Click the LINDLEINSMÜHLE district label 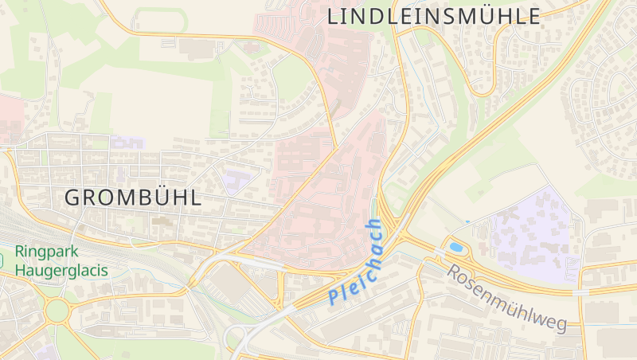click(434, 16)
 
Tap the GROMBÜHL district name click(133, 198)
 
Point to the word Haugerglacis click(61, 270)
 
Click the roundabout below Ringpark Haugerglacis click(57, 310)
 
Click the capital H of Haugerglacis click(21, 270)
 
